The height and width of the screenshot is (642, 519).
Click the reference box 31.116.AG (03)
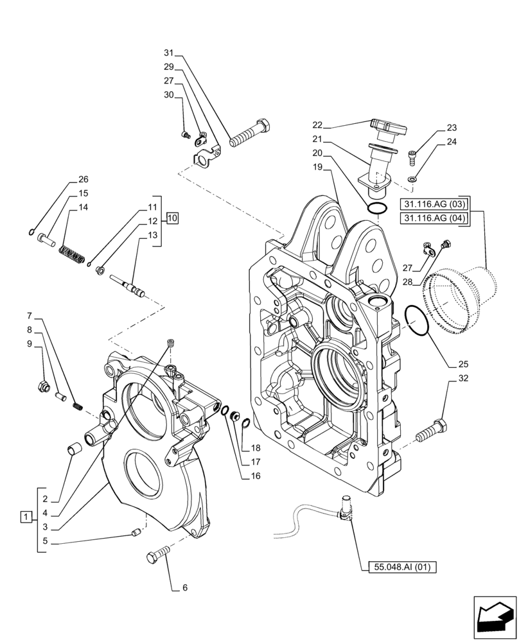click(x=435, y=205)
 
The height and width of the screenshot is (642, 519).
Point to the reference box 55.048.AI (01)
click(x=403, y=567)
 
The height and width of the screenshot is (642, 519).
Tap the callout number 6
click(x=185, y=587)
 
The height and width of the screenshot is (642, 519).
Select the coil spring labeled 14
click(x=72, y=254)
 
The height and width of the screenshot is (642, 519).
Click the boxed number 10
click(x=173, y=218)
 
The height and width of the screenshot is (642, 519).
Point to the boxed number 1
click(x=25, y=516)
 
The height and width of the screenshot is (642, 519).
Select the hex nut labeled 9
click(x=43, y=386)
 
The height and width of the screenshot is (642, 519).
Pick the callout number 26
click(x=84, y=179)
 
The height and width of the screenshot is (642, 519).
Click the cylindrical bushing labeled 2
click(x=73, y=448)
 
